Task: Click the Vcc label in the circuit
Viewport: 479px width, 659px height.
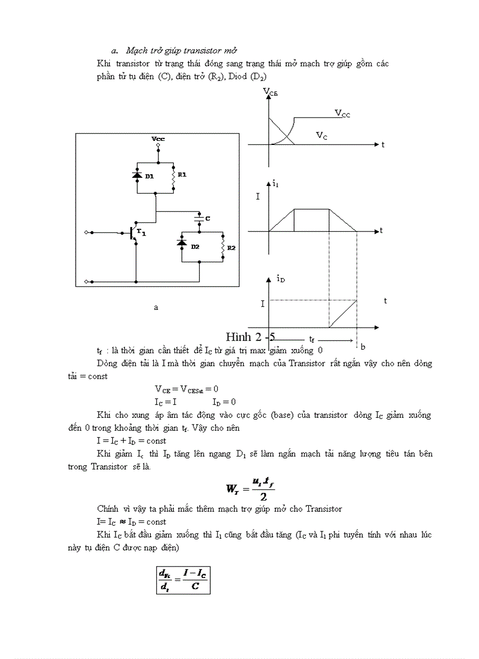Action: [x=158, y=139]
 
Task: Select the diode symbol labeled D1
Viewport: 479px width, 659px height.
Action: [x=137, y=175]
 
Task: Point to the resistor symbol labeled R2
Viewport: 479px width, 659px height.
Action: [x=223, y=247]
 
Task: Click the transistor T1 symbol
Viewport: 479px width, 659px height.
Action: [x=132, y=232]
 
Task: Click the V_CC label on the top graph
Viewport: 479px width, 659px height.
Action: [x=342, y=113]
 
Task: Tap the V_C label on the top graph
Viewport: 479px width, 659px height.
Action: [x=322, y=136]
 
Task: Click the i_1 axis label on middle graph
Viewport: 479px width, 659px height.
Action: [x=275, y=184]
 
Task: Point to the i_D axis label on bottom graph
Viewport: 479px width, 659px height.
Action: [x=281, y=279]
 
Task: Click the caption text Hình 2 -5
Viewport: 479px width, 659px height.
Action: [x=250, y=337]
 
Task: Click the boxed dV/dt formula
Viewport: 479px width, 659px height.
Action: [x=183, y=579]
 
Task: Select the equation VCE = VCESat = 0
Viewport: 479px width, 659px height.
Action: [x=187, y=388]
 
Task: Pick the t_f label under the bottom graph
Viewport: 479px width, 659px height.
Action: [x=312, y=339]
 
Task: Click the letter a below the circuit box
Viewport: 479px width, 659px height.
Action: [x=156, y=307]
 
